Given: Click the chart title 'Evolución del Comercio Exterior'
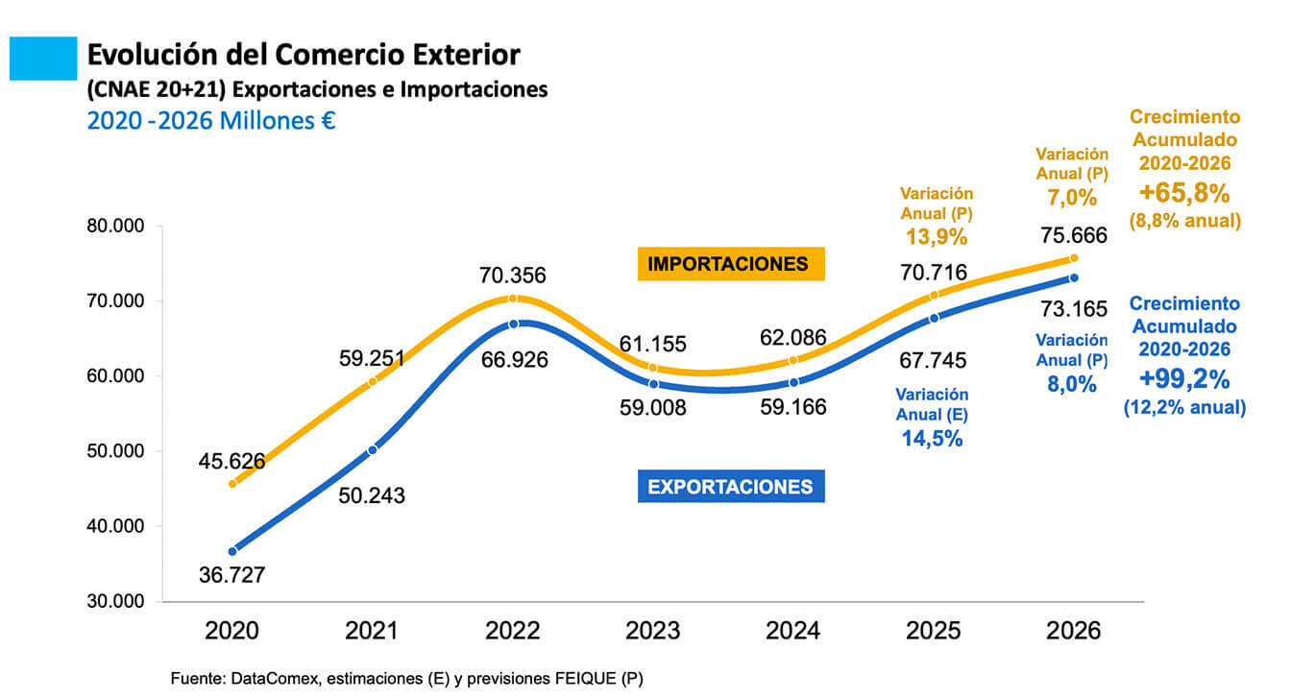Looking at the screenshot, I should click(x=304, y=55).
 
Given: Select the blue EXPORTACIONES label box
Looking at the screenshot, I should click(x=731, y=487).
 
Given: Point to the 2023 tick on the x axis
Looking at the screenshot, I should click(x=653, y=631).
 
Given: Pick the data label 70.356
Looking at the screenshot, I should click(x=513, y=277).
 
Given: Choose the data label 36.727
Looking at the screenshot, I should click(x=231, y=575).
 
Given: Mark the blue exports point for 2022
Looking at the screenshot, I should click(x=514, y=324).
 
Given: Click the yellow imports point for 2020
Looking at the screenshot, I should click(x=232, y=484).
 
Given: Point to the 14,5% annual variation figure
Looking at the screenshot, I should click(x=932, y=439).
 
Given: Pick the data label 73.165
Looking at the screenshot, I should click(x=1075, y=309).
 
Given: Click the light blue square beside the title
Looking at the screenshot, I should click(x=42, y=58).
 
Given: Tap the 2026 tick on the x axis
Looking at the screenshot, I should click(x=1074, y=631).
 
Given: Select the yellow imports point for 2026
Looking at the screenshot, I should click(x=1074, y=258).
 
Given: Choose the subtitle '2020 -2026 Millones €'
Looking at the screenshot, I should click(x=210, y=122).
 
